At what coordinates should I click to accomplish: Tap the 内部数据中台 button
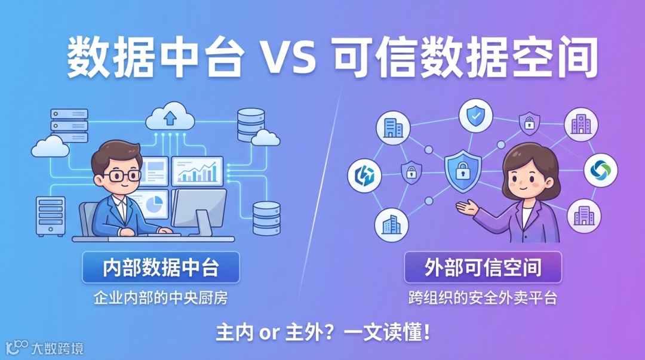coord(161,267)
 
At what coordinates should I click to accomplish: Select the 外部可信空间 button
coord(483,267)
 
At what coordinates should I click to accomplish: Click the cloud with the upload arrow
coord(170,118)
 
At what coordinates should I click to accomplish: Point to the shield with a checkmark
coord(475,117)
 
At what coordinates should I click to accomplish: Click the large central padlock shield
coord(463,170)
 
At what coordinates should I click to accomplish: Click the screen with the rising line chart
coord(197,171)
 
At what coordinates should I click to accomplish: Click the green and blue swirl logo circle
coord(599,170)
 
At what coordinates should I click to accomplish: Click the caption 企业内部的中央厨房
coord(161,297)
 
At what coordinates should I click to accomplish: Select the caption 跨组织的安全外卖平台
coord(483,297)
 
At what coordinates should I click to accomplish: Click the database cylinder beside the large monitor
coord(266,218)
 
